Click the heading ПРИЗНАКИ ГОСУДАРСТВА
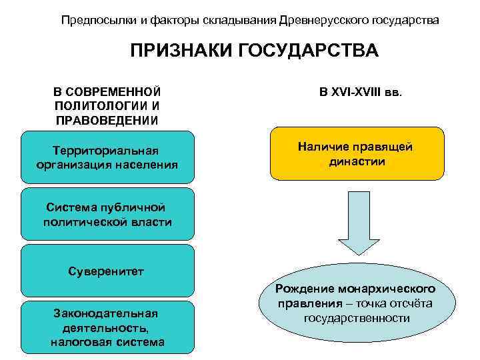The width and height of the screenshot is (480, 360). (254, 51)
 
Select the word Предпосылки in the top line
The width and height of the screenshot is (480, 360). (92, 20)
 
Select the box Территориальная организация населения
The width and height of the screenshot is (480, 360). (107, 157)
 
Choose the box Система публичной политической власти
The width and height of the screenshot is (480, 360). (107, 215)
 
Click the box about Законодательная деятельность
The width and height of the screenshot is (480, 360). (107, 327)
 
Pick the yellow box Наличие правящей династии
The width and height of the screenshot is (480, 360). (357, 154)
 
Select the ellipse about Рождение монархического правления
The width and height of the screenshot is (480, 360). (357, 303)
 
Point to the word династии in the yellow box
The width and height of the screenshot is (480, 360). (357, 161)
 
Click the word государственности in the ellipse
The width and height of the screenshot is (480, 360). (357, 318)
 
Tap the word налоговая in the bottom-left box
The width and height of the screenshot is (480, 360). (78, 342)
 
